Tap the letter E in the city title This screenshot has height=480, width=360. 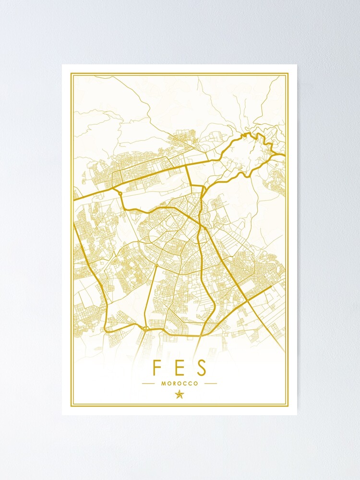(x=179, y=368)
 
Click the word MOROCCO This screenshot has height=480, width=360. (x=180, y=384)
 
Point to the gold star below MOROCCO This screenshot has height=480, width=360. (x=180, y=395)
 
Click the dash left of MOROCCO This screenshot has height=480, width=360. (x=148, y=384)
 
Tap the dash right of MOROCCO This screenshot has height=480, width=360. (x=211, y=384)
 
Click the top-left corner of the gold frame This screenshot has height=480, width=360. (x=72, y=74)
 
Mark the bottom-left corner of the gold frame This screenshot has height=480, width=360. (x=72, y=406)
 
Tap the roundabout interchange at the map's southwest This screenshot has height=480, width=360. (x=145, y=328)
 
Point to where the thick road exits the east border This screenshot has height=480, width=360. (x=285, y=155)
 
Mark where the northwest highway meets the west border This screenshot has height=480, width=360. (x=74, y=197)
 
